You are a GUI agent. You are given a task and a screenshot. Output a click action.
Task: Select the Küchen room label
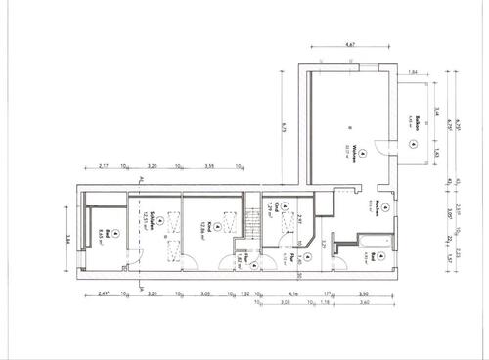[377, 206]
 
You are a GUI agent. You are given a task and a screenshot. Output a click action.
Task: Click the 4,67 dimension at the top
[351, 44]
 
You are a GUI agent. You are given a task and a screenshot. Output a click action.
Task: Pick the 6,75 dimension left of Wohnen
[281, 126]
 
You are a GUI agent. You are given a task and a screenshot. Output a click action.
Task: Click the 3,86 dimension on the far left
[67, 236]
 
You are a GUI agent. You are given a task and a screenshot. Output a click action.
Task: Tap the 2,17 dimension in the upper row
[105, 166]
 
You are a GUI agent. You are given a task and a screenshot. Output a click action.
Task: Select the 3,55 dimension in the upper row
[209, 166]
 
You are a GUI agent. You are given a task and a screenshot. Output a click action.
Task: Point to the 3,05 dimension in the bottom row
[203, 292]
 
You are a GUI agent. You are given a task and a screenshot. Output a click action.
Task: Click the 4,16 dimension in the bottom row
[292, 292]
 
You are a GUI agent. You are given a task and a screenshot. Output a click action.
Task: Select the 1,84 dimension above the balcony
[413, 74]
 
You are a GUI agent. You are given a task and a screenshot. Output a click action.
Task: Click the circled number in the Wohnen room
[360, 153]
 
